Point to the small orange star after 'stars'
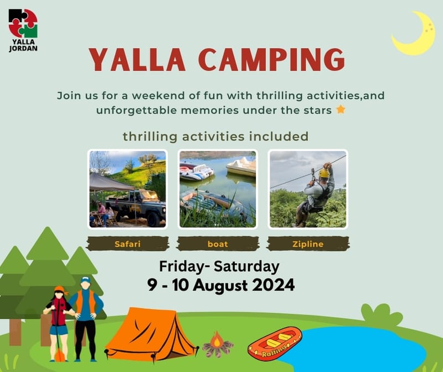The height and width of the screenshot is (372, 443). [341, 109]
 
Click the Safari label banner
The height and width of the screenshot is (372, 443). [127, 243]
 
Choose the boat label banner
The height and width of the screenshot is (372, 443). [218, 243]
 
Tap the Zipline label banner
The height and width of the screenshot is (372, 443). [308, 243]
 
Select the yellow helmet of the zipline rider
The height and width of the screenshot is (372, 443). [323, 173]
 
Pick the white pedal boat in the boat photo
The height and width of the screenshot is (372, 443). [241, 166]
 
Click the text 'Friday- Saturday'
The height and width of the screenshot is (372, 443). [219, 266]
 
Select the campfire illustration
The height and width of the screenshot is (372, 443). [217, 345]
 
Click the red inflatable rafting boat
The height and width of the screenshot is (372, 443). [274, 343]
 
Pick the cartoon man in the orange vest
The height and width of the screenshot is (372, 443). [86, 316]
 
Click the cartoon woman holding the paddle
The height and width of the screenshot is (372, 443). [59, 322]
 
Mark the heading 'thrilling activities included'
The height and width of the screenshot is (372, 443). [215, 136]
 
